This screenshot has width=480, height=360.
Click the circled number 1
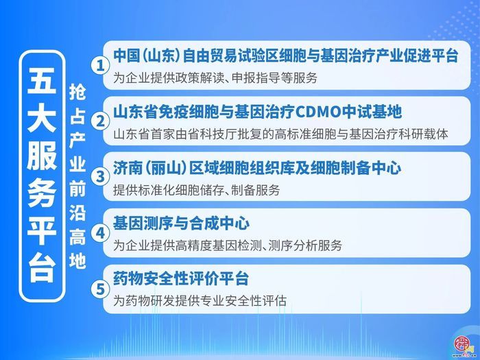(101, 66)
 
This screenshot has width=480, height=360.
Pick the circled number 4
(101, 232)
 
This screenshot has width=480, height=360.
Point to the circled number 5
(101, 289)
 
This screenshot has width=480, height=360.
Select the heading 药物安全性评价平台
(182, 280)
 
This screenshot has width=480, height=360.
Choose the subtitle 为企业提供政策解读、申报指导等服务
(216, 78)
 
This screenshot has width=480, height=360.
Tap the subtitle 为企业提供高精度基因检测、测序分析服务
(228, 245)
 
